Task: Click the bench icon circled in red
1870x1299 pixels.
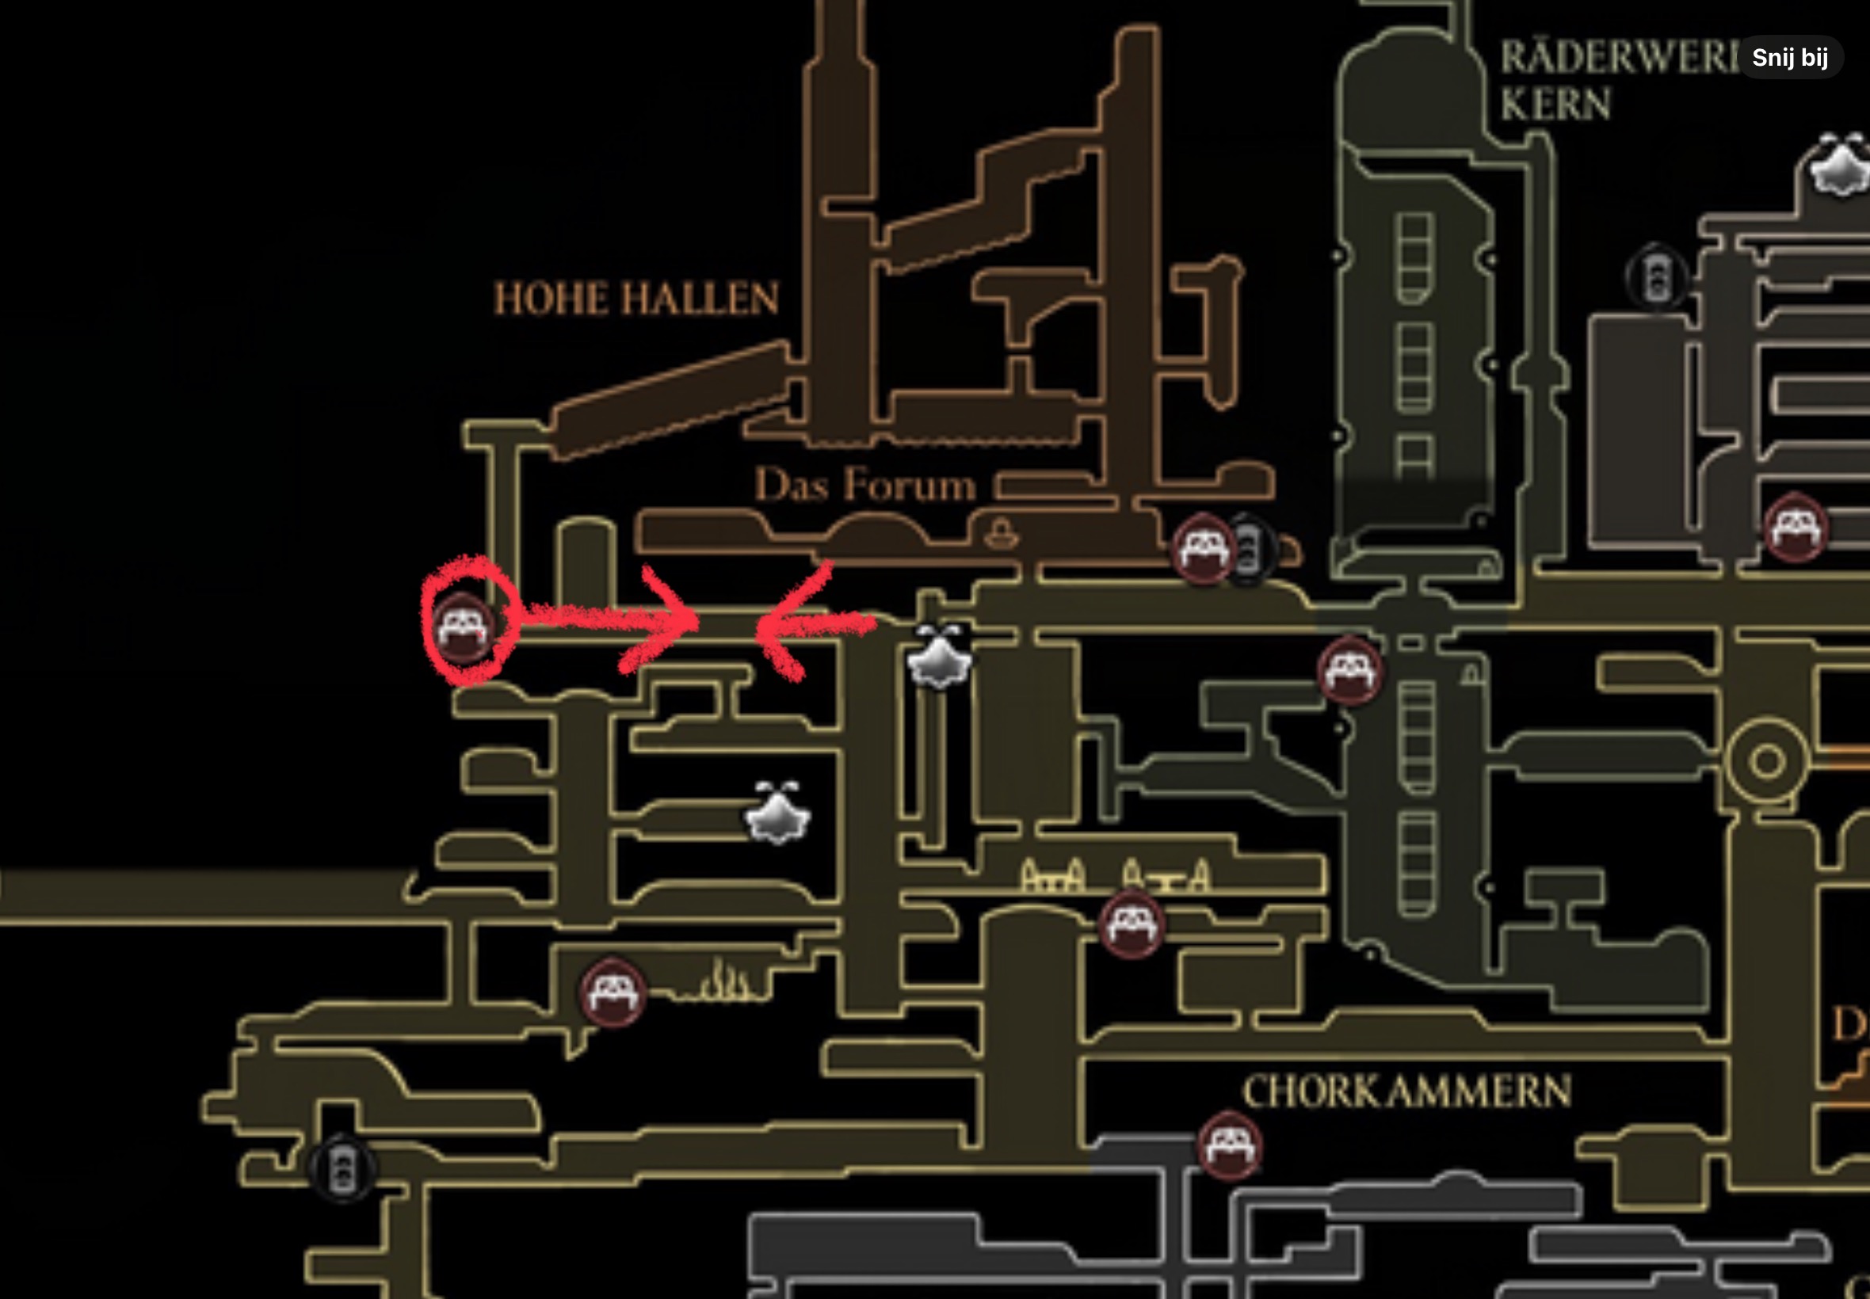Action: [x=463, y=628]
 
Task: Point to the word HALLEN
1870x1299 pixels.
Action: [x=700, y=299]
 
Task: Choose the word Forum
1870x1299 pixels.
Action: [x=910, y=486]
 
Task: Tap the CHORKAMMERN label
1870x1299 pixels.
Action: [x=1406, y=1092]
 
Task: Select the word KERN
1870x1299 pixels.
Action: [x=1555, y=105]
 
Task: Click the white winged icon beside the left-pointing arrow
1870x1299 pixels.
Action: [x=940, y=657]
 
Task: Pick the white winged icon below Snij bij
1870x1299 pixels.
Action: [x=1840, y=166]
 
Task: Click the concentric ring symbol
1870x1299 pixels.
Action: [x=1767, y=762]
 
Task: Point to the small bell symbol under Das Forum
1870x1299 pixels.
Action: [x=1001, y=534]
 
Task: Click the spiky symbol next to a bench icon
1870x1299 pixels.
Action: [x=722, y=982]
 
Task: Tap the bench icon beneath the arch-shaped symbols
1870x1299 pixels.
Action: [x=1131, y=924]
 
